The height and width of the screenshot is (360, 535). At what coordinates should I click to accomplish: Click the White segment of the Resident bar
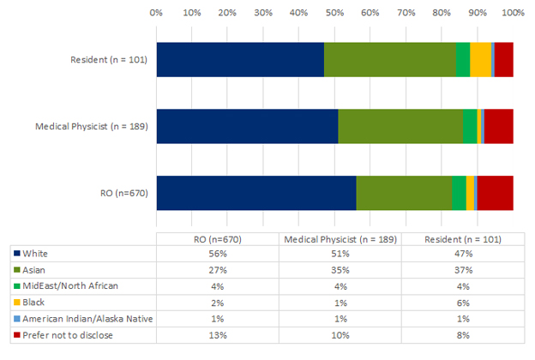coord(240,59)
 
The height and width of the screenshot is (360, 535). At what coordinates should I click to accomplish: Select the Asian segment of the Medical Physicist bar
coord(400,127)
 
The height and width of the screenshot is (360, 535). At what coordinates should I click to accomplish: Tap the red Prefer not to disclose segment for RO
coord(496,193)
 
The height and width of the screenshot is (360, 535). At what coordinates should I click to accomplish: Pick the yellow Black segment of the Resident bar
coord(480,59)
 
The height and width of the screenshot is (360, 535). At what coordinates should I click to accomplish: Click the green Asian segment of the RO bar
coord(404,193)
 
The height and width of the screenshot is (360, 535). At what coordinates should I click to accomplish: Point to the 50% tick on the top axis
coord(334,13)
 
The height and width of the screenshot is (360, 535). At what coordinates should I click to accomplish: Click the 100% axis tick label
coord(512,13)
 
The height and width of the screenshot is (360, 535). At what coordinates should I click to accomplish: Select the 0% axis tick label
coord(156,13)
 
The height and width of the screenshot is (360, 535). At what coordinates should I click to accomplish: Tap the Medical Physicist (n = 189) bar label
coord(92,127)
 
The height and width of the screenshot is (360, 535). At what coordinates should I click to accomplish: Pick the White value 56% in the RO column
coord(218,254)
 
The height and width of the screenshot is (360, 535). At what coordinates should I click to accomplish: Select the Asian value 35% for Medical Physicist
coord(340,270)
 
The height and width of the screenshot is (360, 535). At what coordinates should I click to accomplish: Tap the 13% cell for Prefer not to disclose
coord(218,335)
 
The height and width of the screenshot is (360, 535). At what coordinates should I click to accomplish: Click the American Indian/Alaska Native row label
coord(87,319)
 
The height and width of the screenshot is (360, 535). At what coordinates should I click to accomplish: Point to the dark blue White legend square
coord(16,254)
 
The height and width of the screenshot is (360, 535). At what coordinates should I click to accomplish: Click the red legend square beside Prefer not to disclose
coord(16,335)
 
